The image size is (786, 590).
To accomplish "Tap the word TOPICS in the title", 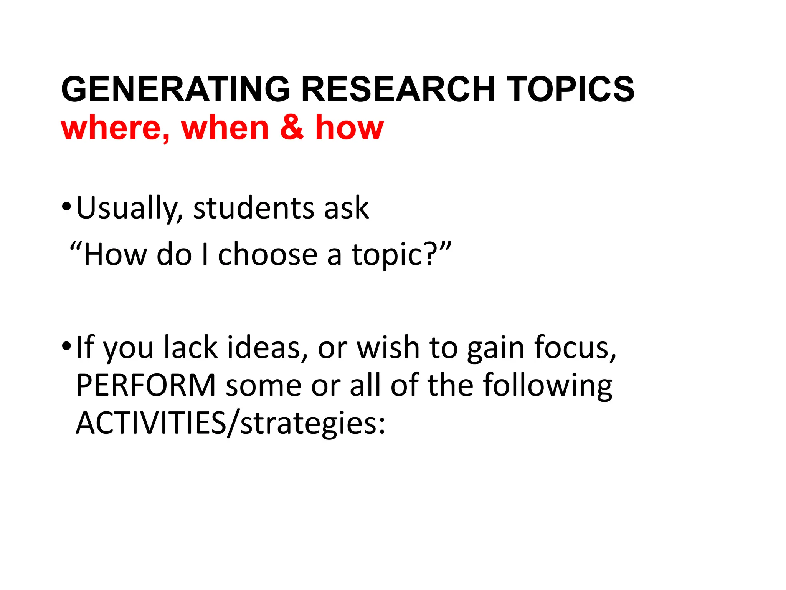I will coord(570,89).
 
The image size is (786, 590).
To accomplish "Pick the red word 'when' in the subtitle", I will coord(225,128).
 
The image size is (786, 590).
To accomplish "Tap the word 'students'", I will coord(253,208).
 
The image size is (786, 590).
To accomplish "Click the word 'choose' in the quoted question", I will coord(268,254).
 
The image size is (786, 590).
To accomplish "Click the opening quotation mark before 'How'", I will coord(75,246).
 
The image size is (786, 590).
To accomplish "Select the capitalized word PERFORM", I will coord(146,385).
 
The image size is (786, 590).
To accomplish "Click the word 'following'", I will coord(547,385).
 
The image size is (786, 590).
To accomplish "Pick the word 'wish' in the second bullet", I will coord(388,347).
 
